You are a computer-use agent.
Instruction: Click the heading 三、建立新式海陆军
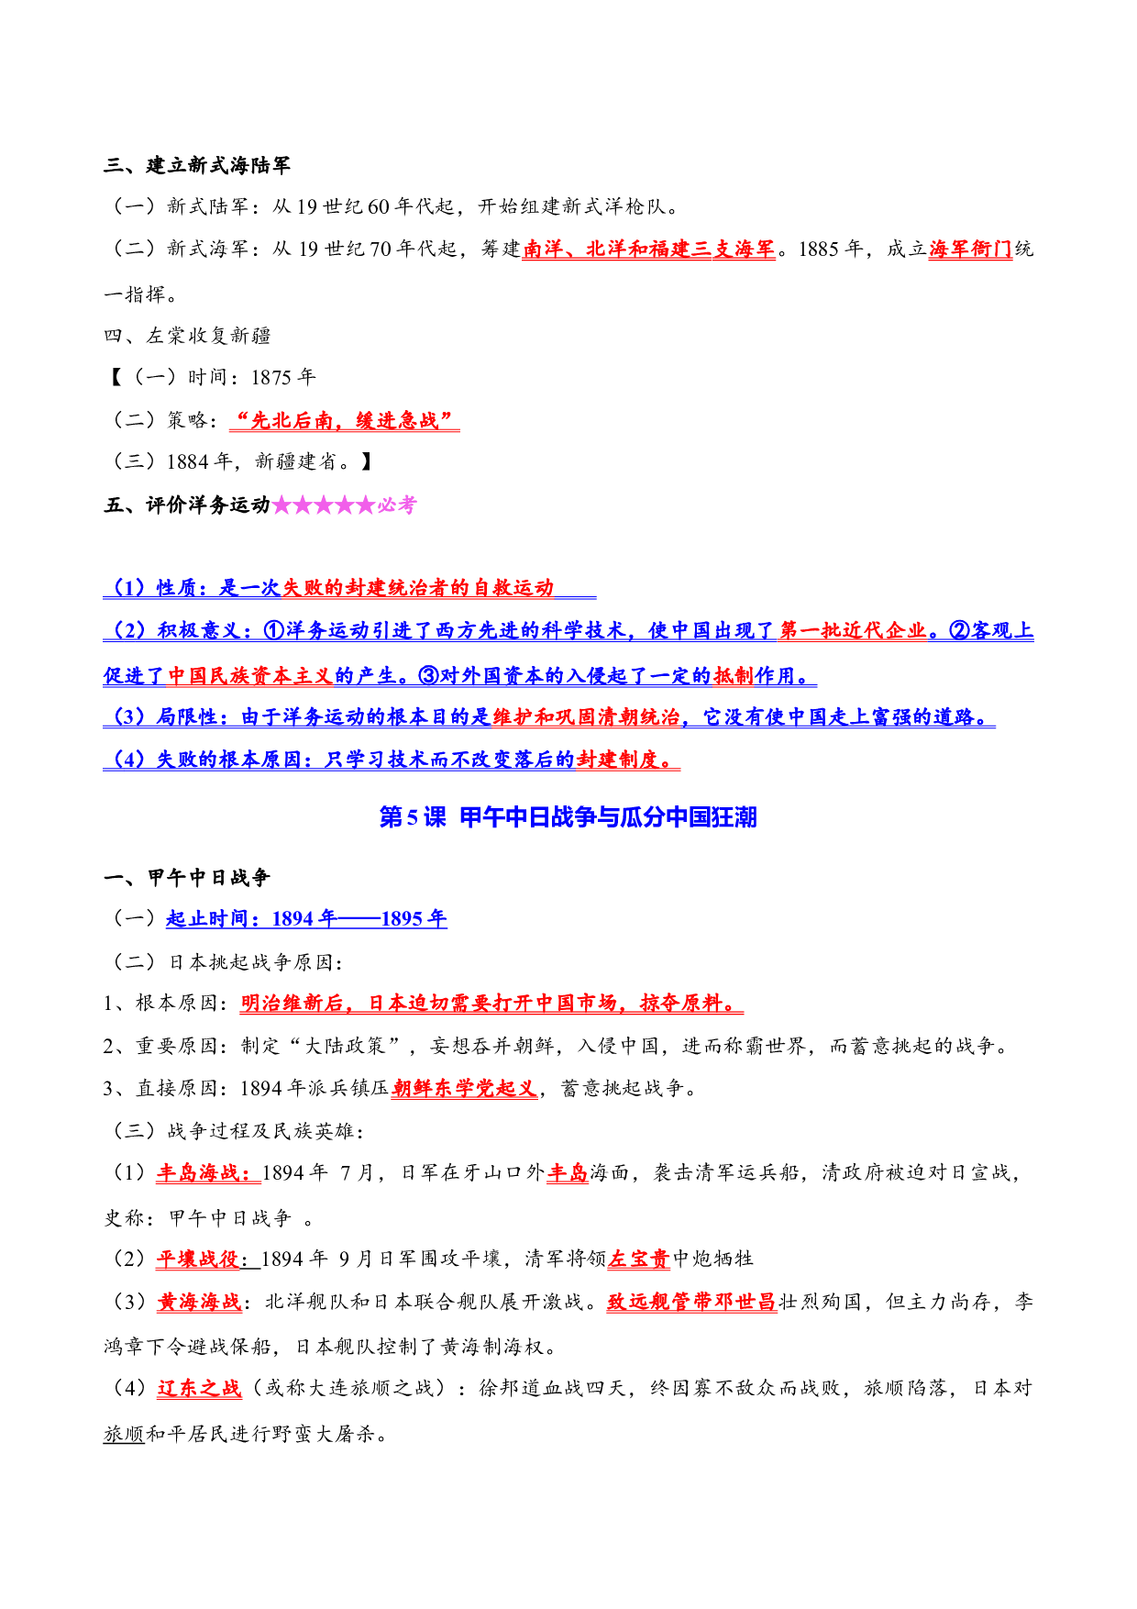pos(197,165)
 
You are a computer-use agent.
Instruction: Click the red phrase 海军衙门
pos(970,249)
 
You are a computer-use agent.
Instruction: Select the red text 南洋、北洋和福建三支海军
pos(649,249)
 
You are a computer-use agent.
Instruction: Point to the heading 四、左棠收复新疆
pos(187,336)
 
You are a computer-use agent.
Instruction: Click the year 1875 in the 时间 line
pos(271,378)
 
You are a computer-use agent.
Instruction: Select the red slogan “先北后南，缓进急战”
pos(344,420)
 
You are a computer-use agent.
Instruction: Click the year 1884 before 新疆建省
pos(188,461)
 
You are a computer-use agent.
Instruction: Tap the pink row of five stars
pos(324,505)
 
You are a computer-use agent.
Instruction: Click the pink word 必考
pos(397,505)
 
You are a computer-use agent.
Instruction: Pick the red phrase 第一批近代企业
pos(853,630)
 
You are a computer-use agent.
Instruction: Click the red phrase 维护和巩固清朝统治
pos(586,716)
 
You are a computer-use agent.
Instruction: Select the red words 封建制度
pos(618,759)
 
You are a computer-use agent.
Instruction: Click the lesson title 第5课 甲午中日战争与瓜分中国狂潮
pos(568,816)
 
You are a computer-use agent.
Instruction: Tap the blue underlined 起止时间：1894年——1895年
pos(306,918)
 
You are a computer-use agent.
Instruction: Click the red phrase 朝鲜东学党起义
pos(464,1088)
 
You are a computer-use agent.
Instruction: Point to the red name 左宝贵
pos(639,1259)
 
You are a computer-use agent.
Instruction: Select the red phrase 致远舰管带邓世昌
pos(691,1302)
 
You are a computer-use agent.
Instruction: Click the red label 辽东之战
pos(199,1388)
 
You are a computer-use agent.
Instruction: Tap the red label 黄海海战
pos(199,1302)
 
